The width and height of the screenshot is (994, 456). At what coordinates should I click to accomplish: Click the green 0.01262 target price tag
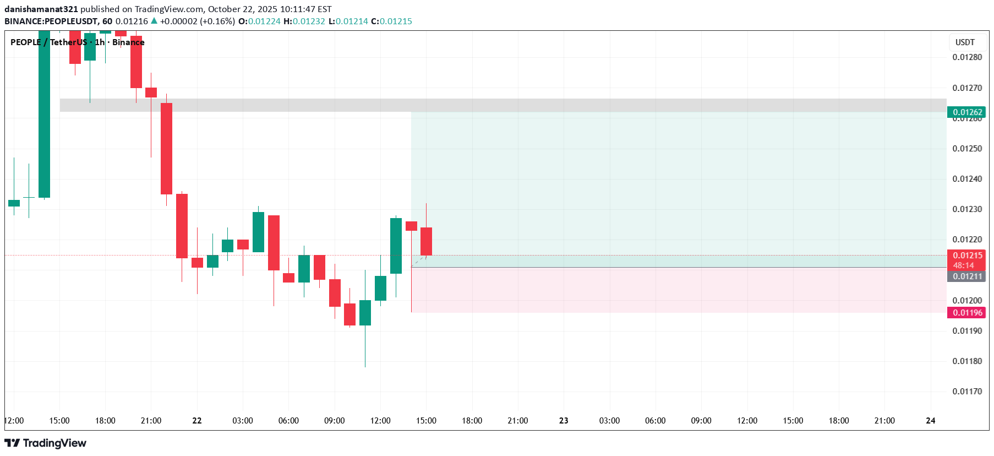(968, 112)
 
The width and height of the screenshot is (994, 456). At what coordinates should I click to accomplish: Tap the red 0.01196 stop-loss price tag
(968, 313)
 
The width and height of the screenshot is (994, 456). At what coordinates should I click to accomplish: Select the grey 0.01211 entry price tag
(968, 276)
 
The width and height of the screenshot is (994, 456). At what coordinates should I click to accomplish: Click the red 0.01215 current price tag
(968, 256)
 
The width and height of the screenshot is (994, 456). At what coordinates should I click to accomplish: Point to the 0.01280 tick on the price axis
(967, 57)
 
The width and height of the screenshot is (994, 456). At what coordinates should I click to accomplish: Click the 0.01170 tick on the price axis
(967, 392)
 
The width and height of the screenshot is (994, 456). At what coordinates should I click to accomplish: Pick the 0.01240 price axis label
(967, 179)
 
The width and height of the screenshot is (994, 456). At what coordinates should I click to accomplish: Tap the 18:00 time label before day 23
(472, 421)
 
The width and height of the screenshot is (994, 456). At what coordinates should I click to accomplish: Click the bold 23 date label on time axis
(564, 421)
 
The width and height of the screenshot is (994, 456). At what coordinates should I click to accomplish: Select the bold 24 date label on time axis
(930, 421)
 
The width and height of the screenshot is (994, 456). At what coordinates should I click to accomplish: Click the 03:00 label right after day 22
(243, 421)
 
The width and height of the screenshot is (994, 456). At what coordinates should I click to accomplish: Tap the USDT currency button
(965, 42)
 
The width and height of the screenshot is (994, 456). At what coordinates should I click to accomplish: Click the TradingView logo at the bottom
(46, 443)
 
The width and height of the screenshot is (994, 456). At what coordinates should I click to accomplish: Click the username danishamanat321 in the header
(41, 9)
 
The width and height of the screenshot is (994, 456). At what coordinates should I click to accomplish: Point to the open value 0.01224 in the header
(264, 21)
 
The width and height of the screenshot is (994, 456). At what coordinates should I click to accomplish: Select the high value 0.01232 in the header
(309, 21)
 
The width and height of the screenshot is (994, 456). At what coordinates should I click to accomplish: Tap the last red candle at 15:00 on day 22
(426, 241)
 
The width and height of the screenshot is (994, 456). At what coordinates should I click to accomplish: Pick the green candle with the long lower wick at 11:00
(365, 313)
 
